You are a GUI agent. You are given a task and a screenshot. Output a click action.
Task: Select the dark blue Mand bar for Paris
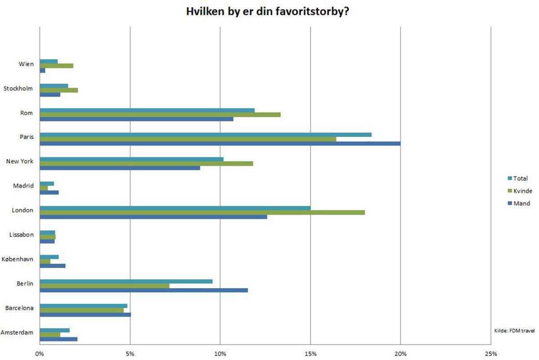click(x=220, y=144)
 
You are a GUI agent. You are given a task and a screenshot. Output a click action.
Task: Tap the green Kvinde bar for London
click(x=202, y=212)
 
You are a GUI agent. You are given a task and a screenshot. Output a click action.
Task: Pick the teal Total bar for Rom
click(x=147, y=110)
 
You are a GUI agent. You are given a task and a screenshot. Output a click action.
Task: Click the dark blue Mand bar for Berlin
click(x=144, y=290)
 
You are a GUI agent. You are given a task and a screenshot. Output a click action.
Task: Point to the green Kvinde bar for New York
click(x=146, y=163)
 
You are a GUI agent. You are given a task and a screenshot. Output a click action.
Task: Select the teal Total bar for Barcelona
click(x=84, y=306)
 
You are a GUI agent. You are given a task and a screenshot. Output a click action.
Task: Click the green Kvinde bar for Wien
click(x=57, y=66)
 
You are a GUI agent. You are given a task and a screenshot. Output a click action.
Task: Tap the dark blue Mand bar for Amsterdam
click(x=58, y=339)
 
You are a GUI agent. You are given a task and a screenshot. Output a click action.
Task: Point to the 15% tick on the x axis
click(x=310, y=353)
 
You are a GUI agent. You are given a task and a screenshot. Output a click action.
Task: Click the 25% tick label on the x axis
click(x=491, y=353)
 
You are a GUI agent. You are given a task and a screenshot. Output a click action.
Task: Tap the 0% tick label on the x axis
click(x=40, y=353)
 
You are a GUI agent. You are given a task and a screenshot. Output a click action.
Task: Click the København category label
click(x=18, y=259)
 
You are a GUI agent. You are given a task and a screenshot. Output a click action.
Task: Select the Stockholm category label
click(x=18, y=89)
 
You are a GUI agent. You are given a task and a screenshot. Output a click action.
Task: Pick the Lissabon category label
click(x=21, y=235)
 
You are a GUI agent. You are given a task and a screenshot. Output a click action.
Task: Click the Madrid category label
click(x=24, y=186)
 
